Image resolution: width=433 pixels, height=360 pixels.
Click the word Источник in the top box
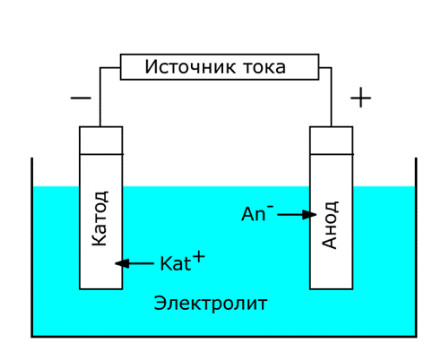coord(190,66)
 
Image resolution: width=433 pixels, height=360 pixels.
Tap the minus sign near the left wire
coord(81,98)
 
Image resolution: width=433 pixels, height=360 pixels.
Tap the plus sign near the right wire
coord(360,98)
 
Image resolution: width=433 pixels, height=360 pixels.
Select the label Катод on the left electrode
coord(100,219)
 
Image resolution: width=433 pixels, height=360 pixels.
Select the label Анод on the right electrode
coord(330,225)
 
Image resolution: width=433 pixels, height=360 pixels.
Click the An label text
coord(254,214)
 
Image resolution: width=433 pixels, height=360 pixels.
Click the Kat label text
coord(176,263)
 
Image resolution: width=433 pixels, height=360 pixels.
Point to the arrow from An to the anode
coord(297,214)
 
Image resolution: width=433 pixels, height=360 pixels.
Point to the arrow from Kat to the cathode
coord(134,263)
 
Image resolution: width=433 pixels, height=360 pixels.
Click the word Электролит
coord(211,304)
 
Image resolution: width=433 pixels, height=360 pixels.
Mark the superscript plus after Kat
coord(199,257)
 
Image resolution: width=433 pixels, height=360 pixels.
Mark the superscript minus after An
coord(270,206)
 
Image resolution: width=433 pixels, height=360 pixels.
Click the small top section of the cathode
coord(101,141)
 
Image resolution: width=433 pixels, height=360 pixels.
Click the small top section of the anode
coord(332,141)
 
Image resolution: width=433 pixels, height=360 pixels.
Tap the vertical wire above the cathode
coord(100,97)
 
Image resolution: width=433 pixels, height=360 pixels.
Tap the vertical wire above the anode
coord(331,97)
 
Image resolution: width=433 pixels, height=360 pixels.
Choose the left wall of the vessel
coord(32,247)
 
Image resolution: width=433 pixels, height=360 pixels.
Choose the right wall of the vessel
coord(416,247)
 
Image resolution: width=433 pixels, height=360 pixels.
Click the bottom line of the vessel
coord(224,337)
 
